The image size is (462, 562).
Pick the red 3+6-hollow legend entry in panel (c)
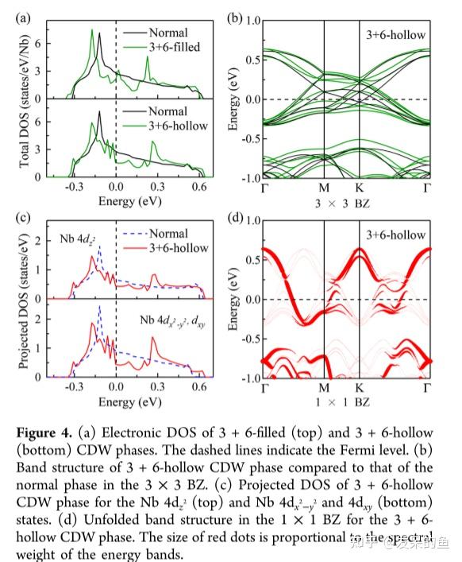tap(167, 248)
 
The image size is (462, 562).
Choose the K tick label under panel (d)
tap(359, 388)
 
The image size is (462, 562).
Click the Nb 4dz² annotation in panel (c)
tap(76, 238)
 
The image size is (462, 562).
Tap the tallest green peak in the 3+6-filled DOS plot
tap(92, 31)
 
